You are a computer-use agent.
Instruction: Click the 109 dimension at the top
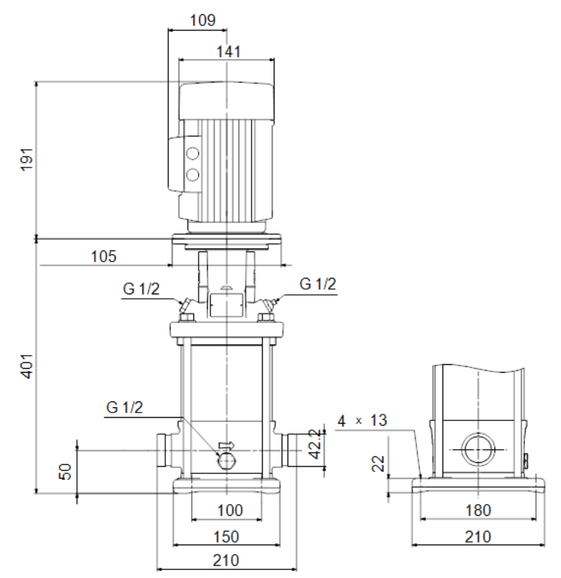[203, 20]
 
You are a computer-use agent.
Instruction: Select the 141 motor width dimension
[229, 52]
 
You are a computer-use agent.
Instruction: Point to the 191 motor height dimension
[27, 160]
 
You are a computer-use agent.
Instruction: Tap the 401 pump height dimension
[27, 366]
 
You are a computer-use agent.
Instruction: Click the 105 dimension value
[103, 256]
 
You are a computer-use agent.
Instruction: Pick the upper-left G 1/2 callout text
[141, 288]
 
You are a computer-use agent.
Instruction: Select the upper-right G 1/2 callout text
[318, 284]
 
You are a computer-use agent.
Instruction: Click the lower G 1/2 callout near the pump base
[124, 407]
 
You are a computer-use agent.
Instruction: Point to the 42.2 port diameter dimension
[315, 444]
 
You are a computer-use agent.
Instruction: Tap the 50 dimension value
[65, 472]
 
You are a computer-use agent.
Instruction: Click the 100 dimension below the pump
[230, 511]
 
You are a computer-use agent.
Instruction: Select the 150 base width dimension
[226, 537]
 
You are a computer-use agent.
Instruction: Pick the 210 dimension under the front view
[226, 561]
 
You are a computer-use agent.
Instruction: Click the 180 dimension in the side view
[478, 511]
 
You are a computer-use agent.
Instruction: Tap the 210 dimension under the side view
[478, 537]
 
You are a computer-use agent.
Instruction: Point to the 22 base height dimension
[378, 464]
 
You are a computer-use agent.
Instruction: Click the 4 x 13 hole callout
[362, 420]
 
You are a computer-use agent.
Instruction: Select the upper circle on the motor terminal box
[192, 154]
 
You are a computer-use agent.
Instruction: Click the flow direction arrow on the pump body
[227, 445]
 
